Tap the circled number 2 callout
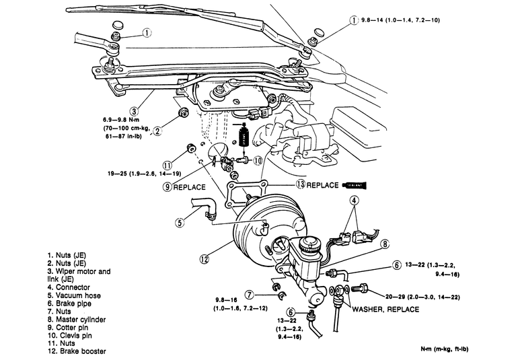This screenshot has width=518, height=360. [x=157, y=131]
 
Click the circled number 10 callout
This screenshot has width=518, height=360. [x=258, y=161]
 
